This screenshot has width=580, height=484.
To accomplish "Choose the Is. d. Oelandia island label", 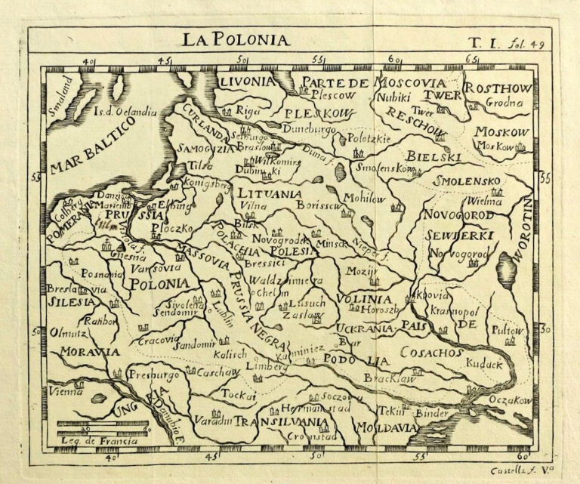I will [125, 112].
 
